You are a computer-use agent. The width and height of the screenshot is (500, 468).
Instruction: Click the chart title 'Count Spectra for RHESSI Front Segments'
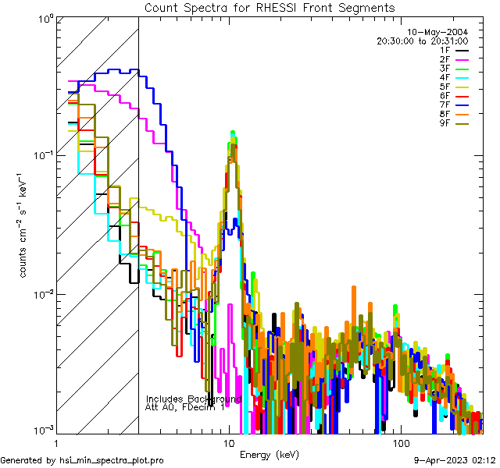(270, 7)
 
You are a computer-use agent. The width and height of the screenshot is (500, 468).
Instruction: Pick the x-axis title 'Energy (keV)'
(270, 454)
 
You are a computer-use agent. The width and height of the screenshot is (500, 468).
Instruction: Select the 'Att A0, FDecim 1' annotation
(185, 407)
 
